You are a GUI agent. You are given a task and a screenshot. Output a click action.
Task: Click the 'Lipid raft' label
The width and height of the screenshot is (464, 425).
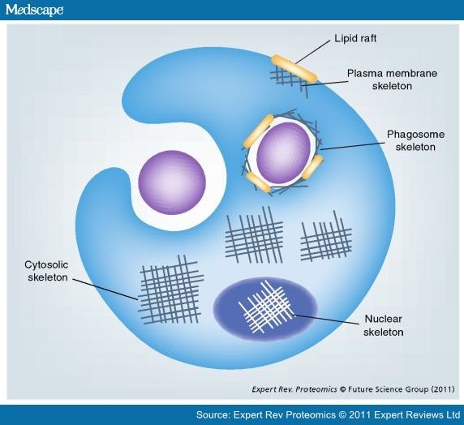355,39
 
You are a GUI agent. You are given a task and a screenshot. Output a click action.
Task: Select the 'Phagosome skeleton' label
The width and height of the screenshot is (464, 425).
415,140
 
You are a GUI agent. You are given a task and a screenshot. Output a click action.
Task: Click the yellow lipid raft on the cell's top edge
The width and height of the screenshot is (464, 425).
294,69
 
